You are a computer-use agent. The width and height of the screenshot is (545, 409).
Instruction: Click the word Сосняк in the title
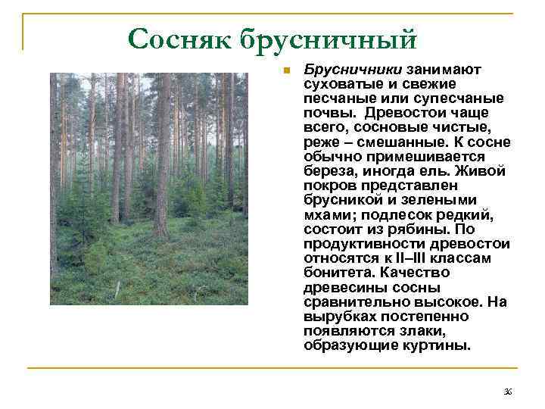point(180,38)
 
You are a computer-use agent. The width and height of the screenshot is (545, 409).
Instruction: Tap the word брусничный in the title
point(328,38)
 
